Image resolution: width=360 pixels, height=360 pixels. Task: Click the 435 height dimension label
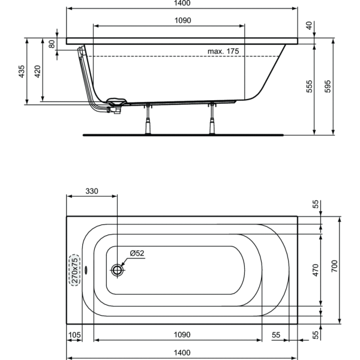22,71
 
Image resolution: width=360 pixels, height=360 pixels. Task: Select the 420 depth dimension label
37,71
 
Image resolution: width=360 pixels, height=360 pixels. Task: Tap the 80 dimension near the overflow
52,44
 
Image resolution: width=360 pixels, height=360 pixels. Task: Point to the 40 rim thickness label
309,25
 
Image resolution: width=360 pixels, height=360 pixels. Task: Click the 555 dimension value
310,86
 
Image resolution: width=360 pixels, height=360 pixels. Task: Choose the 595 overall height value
328,86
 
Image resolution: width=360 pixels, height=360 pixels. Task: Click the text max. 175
223,51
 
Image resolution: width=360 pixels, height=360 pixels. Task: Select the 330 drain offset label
92,191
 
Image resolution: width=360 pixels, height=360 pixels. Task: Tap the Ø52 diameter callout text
137,253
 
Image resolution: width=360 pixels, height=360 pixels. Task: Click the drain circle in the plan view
118,270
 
